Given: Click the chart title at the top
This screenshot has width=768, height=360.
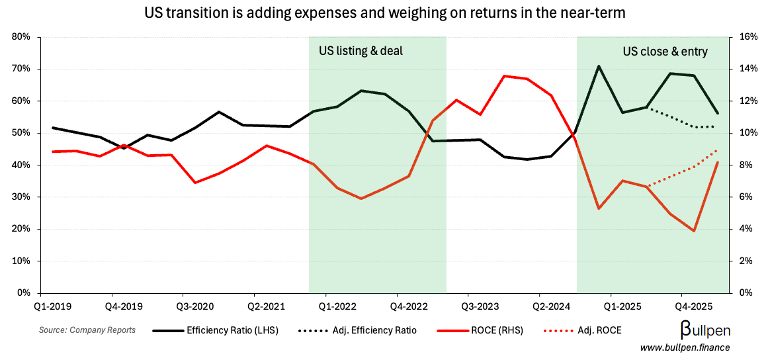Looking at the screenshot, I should (384, 12).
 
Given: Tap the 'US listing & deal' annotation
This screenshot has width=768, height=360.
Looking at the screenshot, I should (361, 51).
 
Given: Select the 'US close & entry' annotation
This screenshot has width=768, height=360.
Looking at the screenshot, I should (665, 51).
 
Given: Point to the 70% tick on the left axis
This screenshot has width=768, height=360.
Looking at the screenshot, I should (22, 69).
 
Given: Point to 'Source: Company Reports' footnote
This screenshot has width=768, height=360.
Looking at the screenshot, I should (87, 330).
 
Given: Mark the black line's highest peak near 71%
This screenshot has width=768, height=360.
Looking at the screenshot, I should (599, 66).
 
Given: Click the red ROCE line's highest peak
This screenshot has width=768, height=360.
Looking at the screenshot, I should (504, 76).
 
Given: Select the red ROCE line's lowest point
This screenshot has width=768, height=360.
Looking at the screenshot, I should (694, 231).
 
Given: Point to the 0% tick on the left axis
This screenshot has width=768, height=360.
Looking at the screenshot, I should (24, 292).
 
